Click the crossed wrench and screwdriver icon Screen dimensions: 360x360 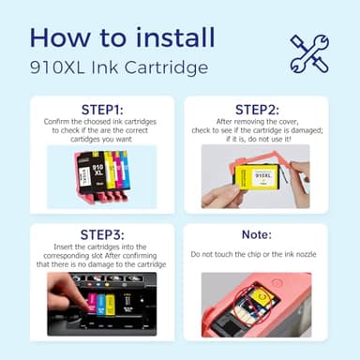point(309,52)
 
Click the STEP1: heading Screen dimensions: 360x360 point(89,109)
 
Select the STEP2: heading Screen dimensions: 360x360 point(268,109)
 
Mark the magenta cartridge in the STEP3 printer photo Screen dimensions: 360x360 point(93,306)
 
